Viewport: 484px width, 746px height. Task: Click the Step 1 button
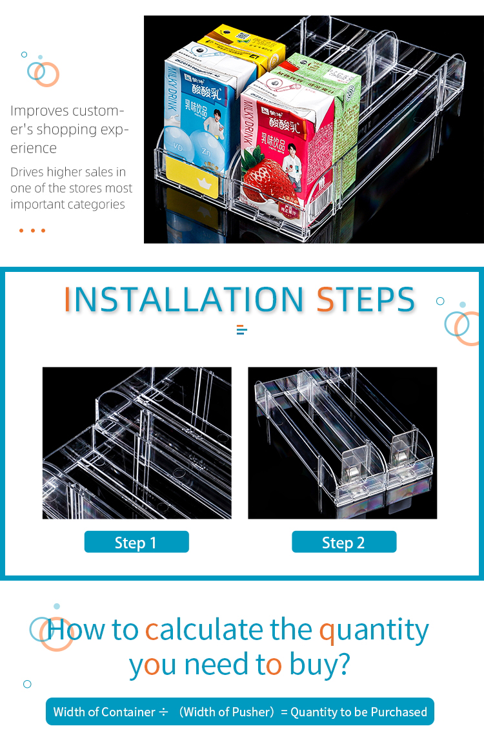click(136, 542)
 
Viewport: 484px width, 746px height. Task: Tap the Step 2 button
click(344, 542)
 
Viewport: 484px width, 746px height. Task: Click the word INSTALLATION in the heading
click(184, 300)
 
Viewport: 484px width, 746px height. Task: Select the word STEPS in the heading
click(365, 300)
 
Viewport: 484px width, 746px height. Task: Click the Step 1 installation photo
click(137, 443)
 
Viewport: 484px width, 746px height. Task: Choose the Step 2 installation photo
click(343, 443)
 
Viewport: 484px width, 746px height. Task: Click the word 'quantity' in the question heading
click(374, 630)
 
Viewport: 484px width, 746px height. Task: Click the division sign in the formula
click(164, 712)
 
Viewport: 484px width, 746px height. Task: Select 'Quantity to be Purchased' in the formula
click(359, 712)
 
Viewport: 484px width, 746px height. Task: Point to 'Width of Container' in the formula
click(104, 712)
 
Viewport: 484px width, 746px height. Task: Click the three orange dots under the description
click(32, 231)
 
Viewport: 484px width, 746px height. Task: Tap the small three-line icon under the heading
click(242, 330)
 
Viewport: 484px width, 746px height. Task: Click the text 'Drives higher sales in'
click(68, 172)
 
